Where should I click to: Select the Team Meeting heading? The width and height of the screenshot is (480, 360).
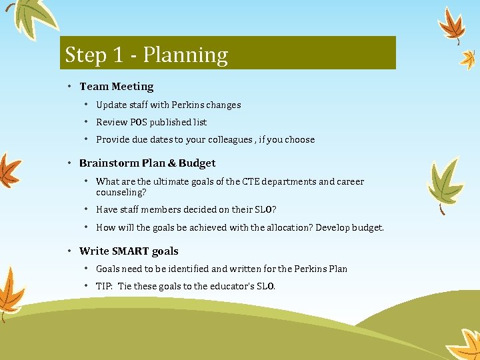[x=116, y=87]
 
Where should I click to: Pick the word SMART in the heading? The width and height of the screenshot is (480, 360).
[x=131, y=251]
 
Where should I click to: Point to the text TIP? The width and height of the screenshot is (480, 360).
[x=105, y=286]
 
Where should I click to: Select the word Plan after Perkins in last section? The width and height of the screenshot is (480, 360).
[x=338, y=269]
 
